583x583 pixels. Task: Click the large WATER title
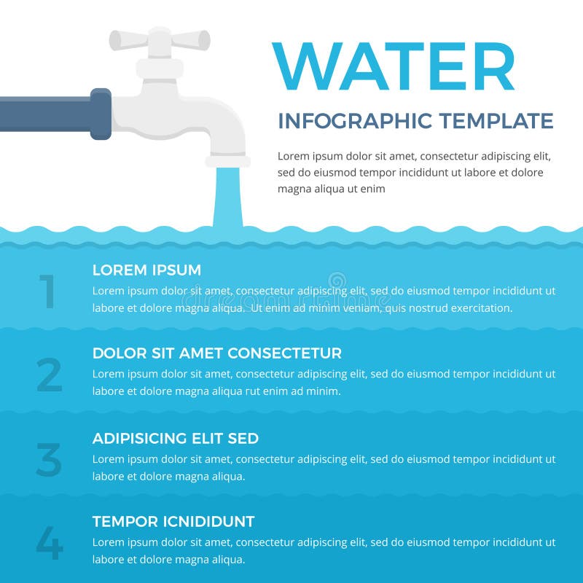[394, 67]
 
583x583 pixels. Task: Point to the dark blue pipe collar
[101, 114]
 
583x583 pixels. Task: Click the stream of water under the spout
[227, 197]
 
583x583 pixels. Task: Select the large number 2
[49, 375]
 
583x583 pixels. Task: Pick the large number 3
[49, 460]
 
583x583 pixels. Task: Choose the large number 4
[49, 543]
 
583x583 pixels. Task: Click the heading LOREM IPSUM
[146, 270]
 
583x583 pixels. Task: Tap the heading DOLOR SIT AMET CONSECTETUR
[216, 353]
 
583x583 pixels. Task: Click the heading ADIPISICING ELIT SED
[175, 438]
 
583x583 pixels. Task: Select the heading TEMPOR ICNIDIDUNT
[173, 522]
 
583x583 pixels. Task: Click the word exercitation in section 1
[480, 308]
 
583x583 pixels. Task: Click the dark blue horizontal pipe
[44, 114]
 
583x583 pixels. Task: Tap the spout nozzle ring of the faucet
[227, 161]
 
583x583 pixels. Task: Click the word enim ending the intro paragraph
[372, 189]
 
